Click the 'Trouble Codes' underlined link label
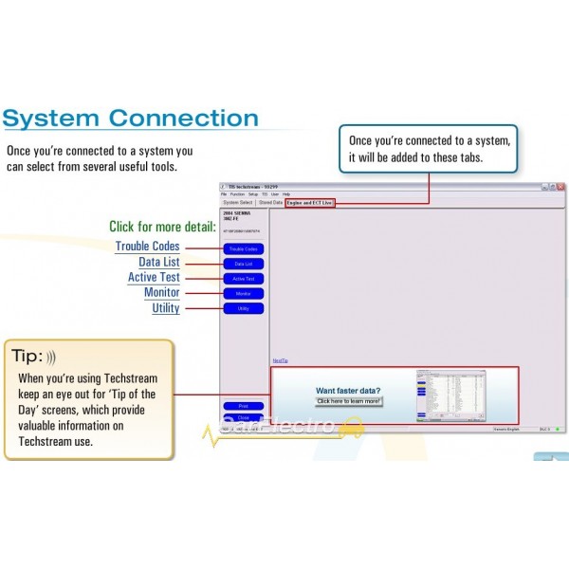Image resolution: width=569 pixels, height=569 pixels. pos(147,247)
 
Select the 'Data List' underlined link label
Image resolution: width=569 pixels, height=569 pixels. pos(158,263)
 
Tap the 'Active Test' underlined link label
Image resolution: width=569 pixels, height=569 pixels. pos(154,278)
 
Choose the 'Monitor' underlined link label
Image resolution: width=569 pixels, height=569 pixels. pos(161,293)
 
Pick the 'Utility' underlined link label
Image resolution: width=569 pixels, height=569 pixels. pos(165,308)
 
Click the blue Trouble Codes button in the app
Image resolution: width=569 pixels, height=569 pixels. pos(243,248)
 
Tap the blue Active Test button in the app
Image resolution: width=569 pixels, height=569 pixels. pos(243,279)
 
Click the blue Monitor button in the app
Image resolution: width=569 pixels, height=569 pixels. pos(243,294)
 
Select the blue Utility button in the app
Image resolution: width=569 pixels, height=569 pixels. pos(243,309)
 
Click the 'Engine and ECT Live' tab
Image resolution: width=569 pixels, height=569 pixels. pos(310,202)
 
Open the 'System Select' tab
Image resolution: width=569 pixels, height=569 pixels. pos(237,202)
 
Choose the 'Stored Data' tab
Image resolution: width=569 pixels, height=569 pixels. pos(270,202)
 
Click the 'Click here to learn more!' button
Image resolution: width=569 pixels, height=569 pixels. pos(348,401)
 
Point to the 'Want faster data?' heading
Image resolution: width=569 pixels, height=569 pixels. pos(348,390)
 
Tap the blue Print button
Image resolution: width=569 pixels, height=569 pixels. pos(243,406)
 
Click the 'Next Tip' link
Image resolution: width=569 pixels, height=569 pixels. pos(280,360)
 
